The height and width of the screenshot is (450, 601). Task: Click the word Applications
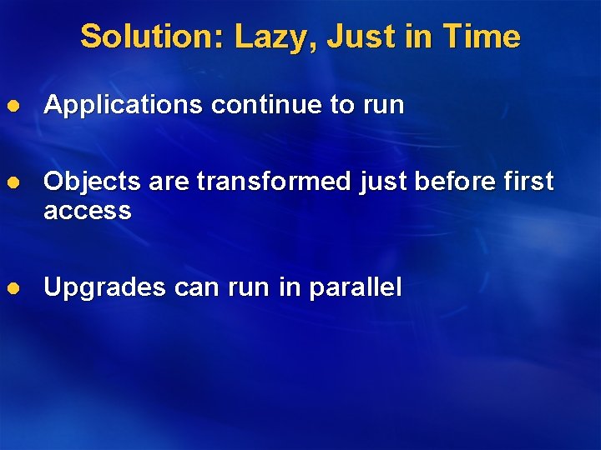point(123,105)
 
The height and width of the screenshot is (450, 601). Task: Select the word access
point(88,211)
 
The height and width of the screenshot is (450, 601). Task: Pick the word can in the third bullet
point(195,287)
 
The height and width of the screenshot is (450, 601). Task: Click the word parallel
point(356,287)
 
